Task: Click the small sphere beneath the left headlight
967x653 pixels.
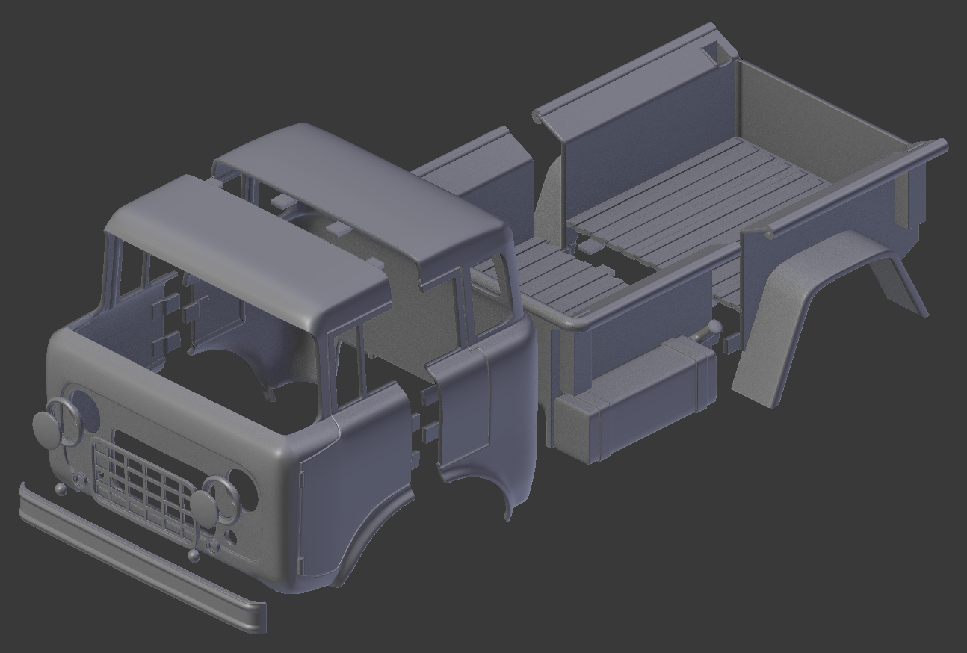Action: pyautogui.click(x=60, y=489)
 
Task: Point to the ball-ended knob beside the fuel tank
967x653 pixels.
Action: pyautogui.click(x=715, y=326)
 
